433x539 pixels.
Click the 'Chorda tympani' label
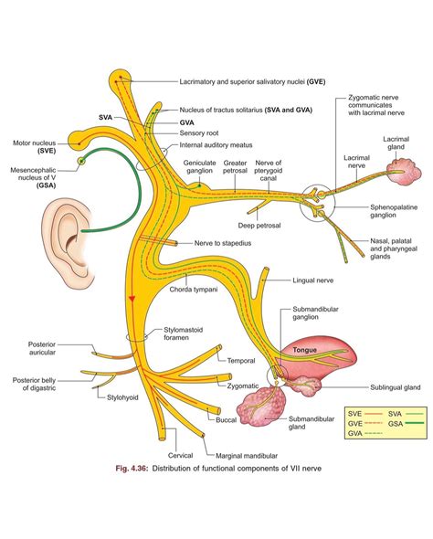click(x=192, y=290)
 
